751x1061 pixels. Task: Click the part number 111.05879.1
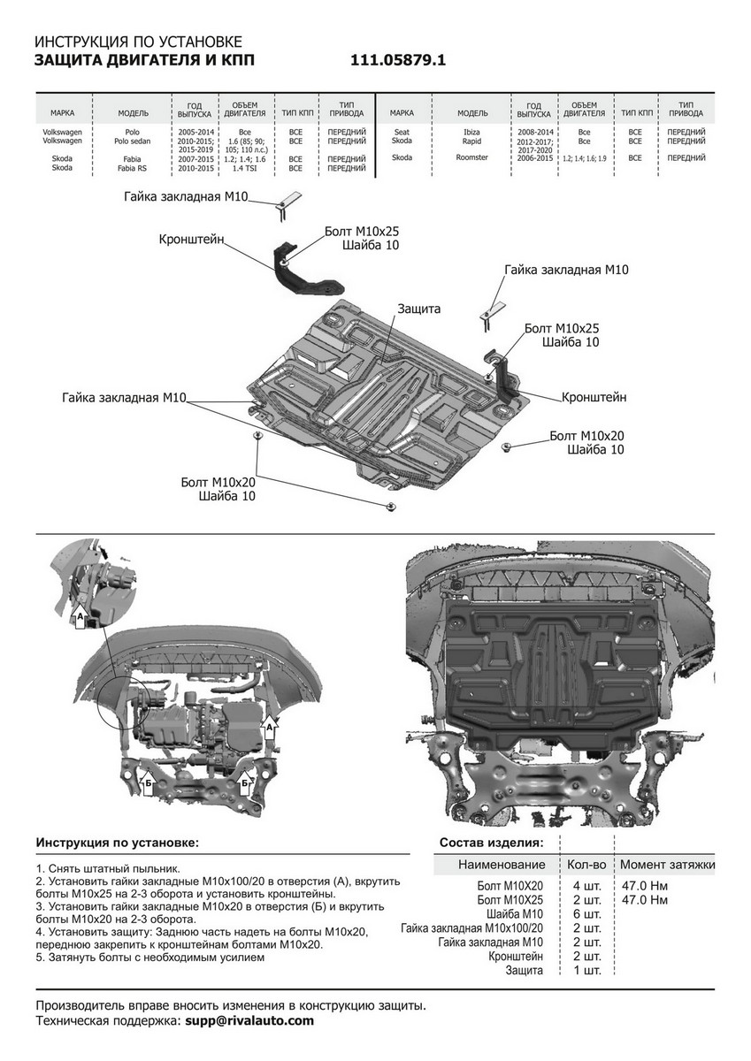coord(398,60)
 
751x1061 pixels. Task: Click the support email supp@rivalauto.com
coord(249,1019)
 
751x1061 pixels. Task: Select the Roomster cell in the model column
coord(472,157)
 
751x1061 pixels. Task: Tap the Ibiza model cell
coord(472,132)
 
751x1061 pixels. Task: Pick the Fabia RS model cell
coord(132,168)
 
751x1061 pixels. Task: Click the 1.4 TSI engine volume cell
coord(244,168)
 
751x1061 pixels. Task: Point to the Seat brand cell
coord(402,132)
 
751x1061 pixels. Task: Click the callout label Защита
coord(419,309)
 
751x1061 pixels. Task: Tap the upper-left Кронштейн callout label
coord(191,240)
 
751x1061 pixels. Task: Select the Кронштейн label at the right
coord(594,397)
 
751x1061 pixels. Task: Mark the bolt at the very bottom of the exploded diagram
coord(391,507)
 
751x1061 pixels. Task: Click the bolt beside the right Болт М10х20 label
coord(507,447)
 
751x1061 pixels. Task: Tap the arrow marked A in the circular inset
coord(80,615)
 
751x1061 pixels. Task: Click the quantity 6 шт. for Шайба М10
coord(587,913)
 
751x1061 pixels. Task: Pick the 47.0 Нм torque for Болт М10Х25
coord(644,899)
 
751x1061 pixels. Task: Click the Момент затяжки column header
coord(667,865)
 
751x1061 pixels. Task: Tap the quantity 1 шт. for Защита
coord(587,970)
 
